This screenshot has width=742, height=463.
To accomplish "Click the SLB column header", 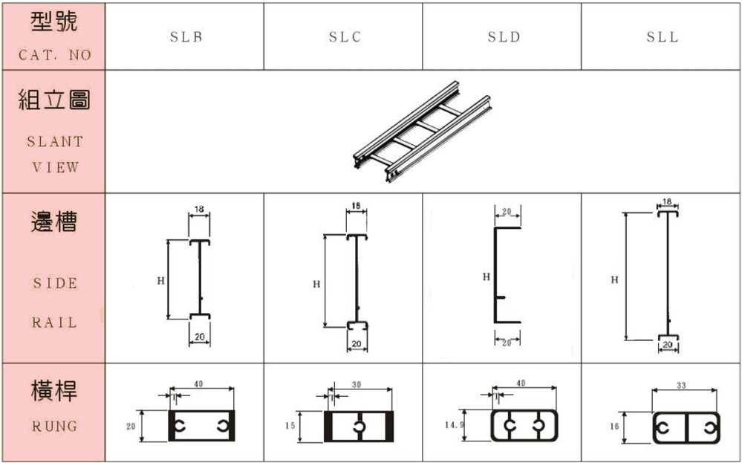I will coord(185,37).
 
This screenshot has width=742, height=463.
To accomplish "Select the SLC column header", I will coord(345,37).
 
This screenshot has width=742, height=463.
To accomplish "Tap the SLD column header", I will coord(504,37).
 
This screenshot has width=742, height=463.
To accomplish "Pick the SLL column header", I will coord(662,37).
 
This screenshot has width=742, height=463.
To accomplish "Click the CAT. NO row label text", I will coord(54,55).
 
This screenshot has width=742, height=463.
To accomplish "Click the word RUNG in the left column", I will coord(54,427).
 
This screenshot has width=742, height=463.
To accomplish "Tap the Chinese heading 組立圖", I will coord(54,99).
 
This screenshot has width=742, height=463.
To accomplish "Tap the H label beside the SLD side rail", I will coord(486,276).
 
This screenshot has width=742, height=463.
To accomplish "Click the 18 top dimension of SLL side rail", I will coord(667,201).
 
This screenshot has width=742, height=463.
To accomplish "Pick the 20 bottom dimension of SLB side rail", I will coord(199,337).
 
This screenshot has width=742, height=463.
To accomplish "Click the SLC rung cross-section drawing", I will coord(359,427).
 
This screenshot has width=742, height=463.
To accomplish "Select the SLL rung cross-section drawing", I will coord(686,427).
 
